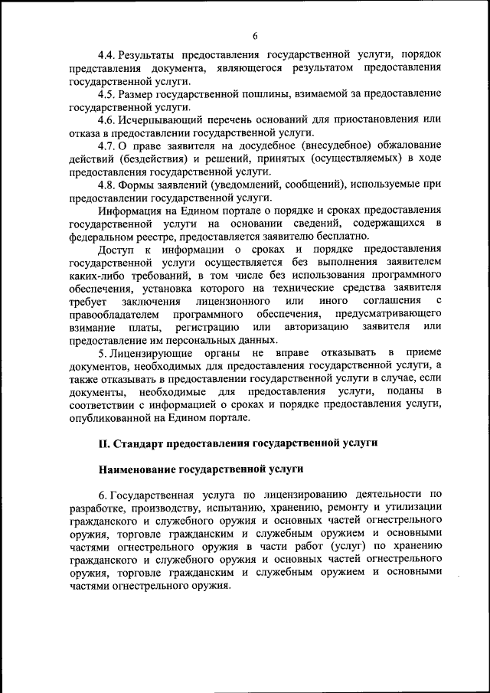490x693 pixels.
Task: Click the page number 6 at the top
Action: pyautogui.click(x=255, y=35)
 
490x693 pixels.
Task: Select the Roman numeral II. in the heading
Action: pyautogui.click(x=104, y=443)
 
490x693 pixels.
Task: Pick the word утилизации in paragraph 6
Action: pyautogui.click(x=414, y=508)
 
